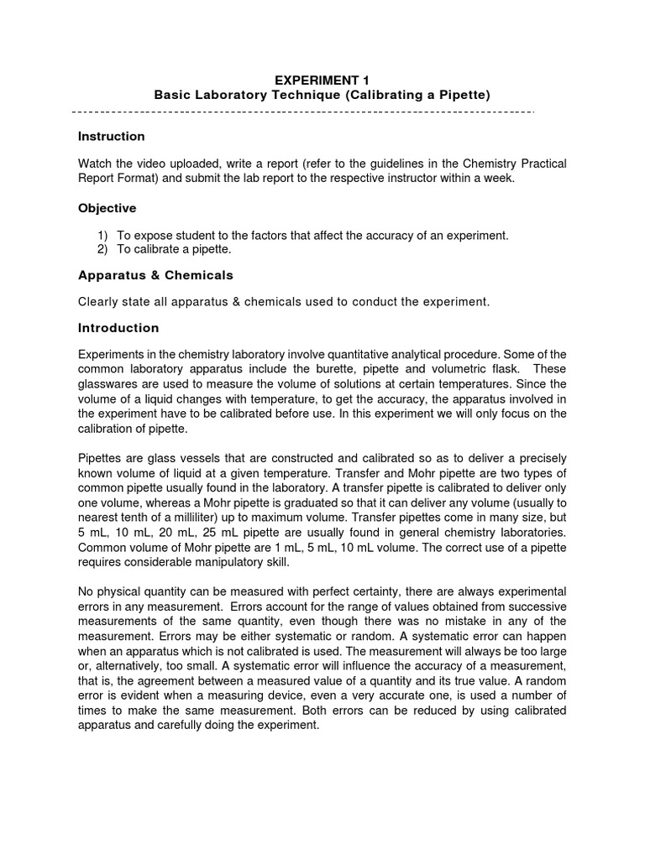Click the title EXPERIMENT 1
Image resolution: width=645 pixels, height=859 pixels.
pos(322,80)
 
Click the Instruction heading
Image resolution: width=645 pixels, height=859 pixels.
pos(111,136)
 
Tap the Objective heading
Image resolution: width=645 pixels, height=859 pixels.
pos(107,208)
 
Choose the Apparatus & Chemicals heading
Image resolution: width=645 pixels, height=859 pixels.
pos(155,275)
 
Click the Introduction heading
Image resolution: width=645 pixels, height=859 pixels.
pos(118,328)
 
